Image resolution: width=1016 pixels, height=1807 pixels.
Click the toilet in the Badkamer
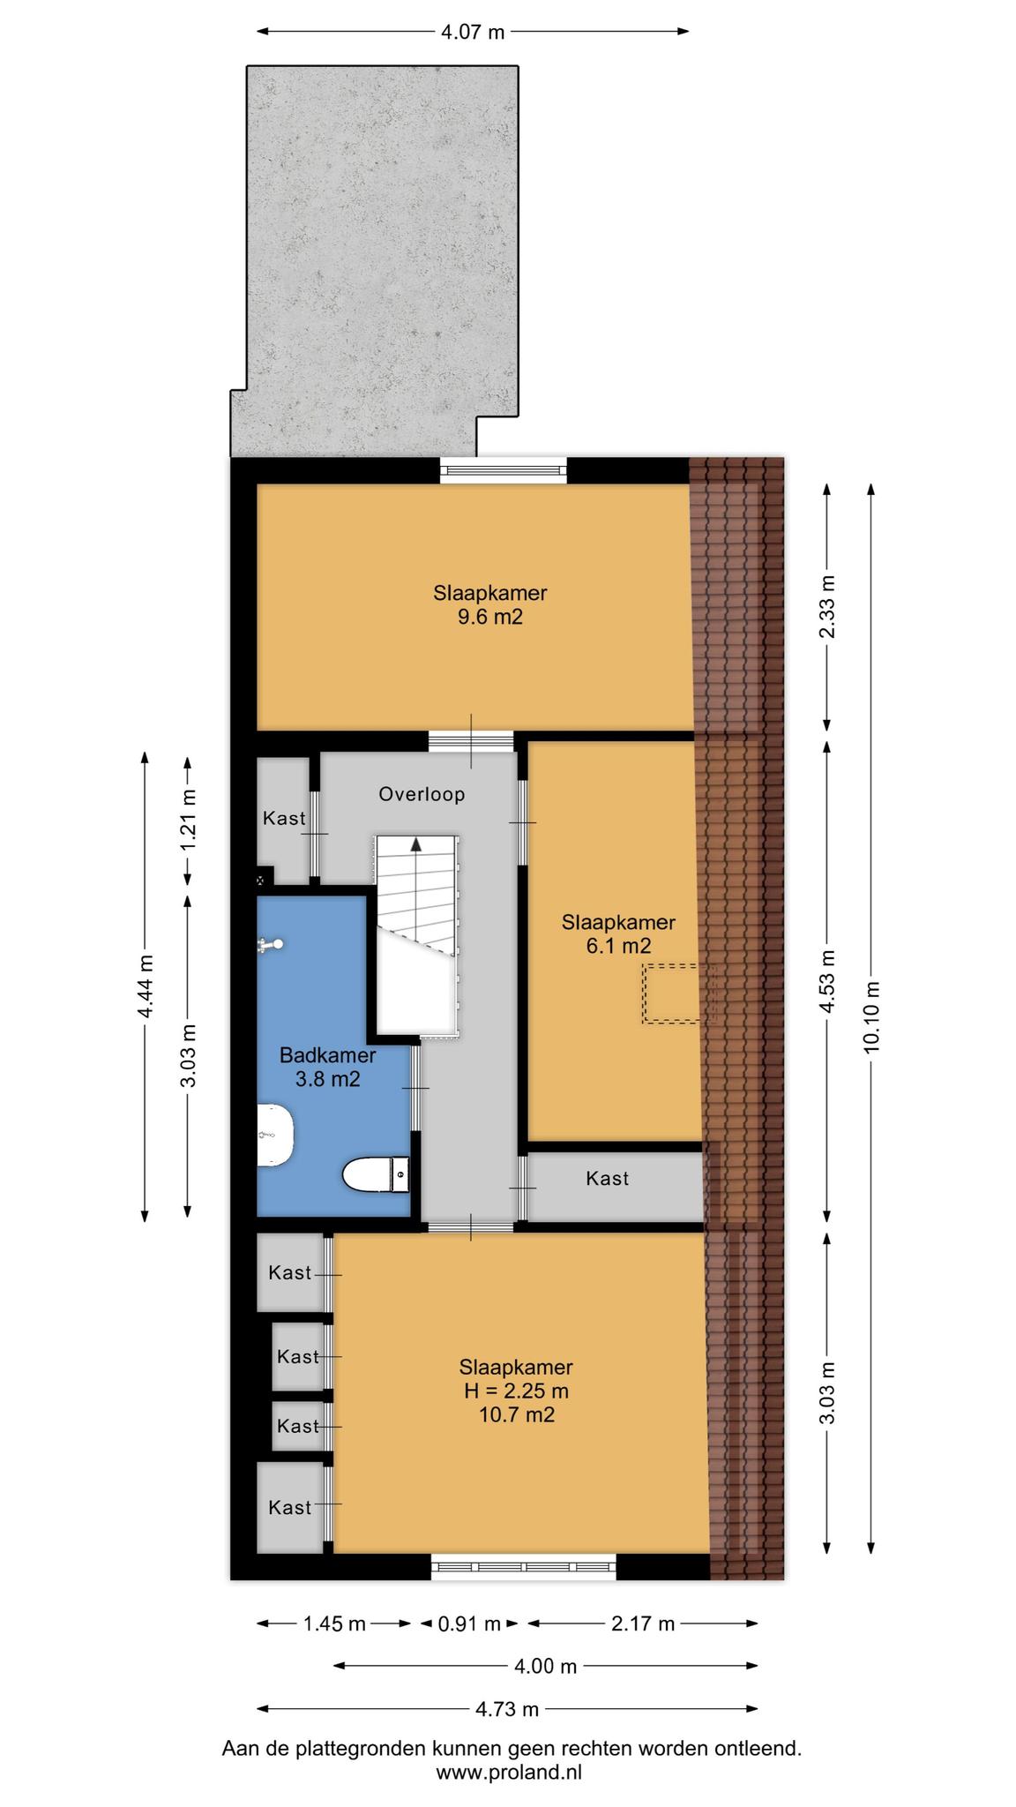376,1174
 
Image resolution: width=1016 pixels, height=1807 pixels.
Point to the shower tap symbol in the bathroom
270,946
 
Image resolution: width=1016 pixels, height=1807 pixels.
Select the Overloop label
422,794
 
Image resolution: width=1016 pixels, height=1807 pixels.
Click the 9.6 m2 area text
489,617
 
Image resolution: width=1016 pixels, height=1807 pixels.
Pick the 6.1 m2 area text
618,947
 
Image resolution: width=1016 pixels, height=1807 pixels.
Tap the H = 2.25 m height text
516,1391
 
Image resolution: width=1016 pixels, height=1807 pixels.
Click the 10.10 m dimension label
871,1017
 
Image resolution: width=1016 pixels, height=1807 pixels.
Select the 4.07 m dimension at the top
473,33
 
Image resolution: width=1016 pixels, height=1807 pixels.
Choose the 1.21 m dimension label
188,819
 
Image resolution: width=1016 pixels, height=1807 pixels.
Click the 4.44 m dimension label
146,986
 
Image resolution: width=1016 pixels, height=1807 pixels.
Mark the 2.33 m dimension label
827,607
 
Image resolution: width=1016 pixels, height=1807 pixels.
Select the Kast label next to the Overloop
284,818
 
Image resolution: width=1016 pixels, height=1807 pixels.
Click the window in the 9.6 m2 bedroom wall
504,470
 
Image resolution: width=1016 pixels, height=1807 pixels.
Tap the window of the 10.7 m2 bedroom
524,1567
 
